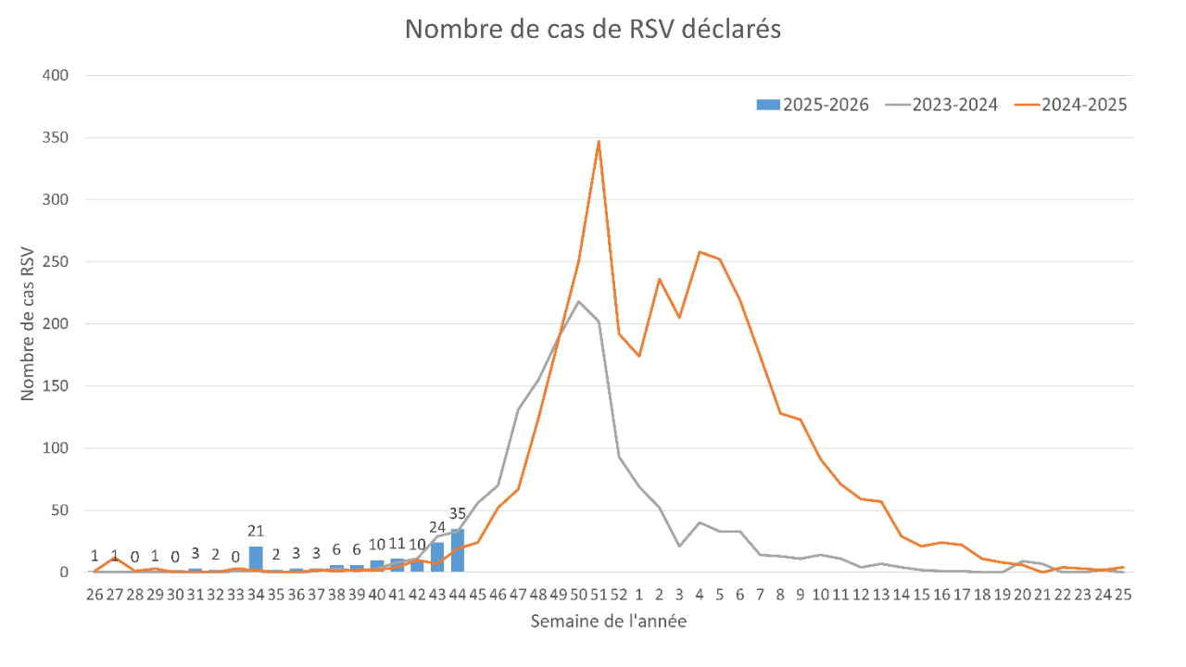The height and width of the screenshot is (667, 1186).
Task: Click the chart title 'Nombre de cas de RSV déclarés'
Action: (593, 30)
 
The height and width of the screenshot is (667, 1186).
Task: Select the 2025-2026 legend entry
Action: (814, 105)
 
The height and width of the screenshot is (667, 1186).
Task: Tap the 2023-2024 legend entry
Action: (942, 105)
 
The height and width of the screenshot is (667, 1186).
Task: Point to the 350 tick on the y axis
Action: (57, 138)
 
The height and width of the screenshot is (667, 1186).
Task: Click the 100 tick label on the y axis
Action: (57, 448)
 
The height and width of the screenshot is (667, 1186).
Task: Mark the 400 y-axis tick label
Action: (57, 75)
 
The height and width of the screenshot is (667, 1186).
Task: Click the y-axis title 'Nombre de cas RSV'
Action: (27, 324)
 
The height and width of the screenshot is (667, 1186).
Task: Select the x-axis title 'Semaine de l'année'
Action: (609, 622)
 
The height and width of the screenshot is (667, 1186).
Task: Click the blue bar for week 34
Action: (256, 560)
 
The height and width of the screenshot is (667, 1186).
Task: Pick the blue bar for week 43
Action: (437, 558)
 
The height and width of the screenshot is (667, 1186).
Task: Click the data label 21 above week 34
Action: (256, 531)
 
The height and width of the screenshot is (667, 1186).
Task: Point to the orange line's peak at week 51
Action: (599, 142)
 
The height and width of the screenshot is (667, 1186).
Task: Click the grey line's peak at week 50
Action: (579, 300)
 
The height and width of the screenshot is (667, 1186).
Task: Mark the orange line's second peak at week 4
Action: (700, 252)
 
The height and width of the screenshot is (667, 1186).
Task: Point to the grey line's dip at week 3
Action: (680, 546)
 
